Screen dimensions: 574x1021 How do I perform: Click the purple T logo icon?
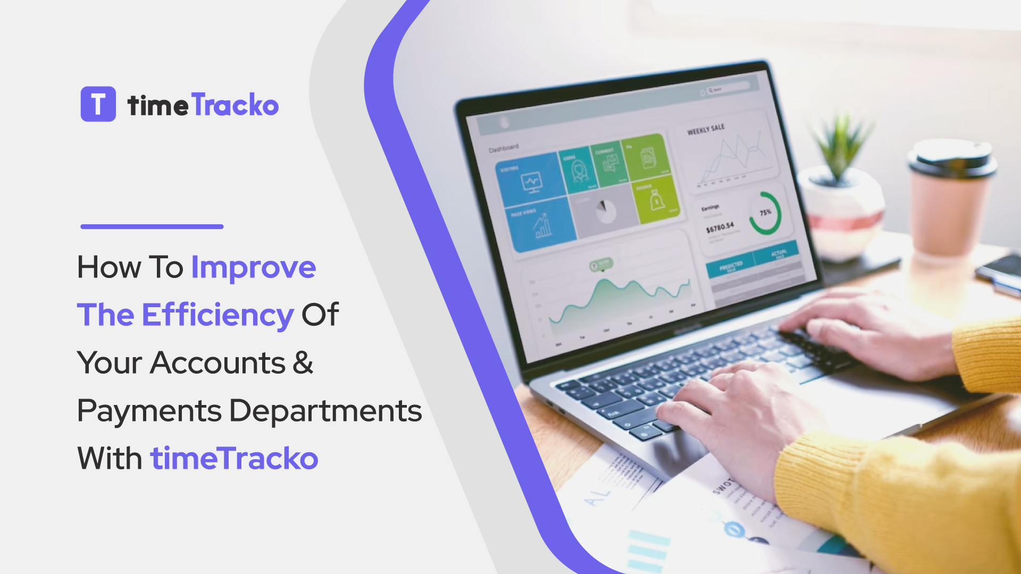98,104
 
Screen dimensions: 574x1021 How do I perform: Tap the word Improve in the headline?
253,267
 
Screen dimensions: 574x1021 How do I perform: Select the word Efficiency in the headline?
217,315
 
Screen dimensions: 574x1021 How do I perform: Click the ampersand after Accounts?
303,363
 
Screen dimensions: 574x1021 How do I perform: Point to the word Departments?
325,411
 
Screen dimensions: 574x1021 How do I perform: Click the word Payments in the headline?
149,411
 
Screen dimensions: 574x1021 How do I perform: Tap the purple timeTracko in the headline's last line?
234,458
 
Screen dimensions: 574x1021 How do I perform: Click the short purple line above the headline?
152,226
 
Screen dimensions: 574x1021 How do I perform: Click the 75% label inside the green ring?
765,213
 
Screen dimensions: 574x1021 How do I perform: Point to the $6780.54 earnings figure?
719,228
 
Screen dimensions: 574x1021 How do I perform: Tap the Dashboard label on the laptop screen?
503,148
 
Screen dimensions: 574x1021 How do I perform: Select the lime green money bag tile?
656,200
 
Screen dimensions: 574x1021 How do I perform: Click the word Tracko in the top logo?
235,105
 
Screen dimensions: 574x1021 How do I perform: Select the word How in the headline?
108,267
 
